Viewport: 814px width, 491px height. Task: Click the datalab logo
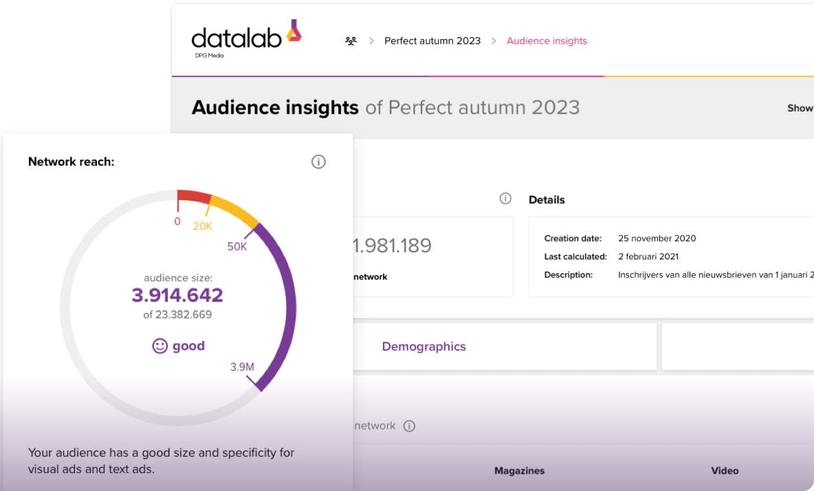pos(246,37)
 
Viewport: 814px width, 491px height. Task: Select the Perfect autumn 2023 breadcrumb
pos(432,41)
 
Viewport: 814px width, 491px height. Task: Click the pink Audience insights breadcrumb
pos(547,41)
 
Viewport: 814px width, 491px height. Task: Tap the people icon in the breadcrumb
pos(351,41)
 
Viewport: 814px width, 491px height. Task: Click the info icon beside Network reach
pos(318,162)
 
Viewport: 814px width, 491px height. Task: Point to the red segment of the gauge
pos(193,196)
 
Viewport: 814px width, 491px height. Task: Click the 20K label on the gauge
pos(202,226)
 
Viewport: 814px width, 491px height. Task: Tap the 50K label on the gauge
pos(236,246)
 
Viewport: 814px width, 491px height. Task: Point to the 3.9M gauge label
pos(242,367)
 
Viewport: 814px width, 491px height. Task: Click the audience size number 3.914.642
pos(177,295)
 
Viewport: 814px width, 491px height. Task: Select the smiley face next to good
pos(159,346)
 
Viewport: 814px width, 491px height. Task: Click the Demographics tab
pos(423,347)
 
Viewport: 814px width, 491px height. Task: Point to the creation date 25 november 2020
pos(657,239)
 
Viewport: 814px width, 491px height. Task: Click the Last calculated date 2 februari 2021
pos(648,257)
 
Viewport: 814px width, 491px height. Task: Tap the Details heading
pos(547,200)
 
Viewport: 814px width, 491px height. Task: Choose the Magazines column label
pos(519,471)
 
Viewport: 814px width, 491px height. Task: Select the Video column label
pos(725,471)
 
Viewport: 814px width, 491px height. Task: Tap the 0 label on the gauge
pos(177,221)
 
